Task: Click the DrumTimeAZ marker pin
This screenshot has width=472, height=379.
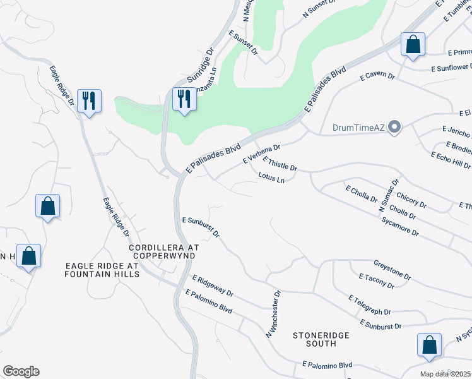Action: point(396,128)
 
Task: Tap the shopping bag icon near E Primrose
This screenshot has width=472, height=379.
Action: point(413,45)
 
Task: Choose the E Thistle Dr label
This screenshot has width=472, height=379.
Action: point(280,164)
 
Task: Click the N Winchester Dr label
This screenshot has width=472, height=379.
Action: point(272,315)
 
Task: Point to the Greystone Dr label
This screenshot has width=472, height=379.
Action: point(392,270)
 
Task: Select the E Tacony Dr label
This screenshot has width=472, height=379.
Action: point(376,281)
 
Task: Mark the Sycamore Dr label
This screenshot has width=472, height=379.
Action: point(400,227)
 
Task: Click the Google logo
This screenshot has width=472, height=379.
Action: point(21,371)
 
